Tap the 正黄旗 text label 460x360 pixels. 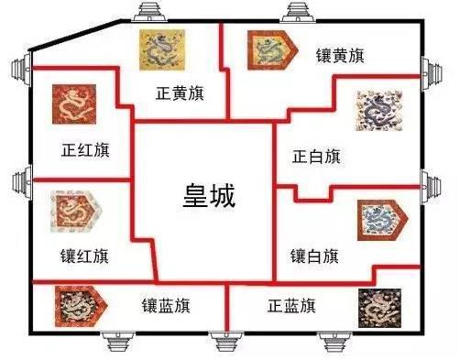coord(180,93)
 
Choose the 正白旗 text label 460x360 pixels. coord(316,157)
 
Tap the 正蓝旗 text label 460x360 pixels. coord(293,303)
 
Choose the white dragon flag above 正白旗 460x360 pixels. coord(379,112)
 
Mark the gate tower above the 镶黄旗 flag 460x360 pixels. coord(303,11)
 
